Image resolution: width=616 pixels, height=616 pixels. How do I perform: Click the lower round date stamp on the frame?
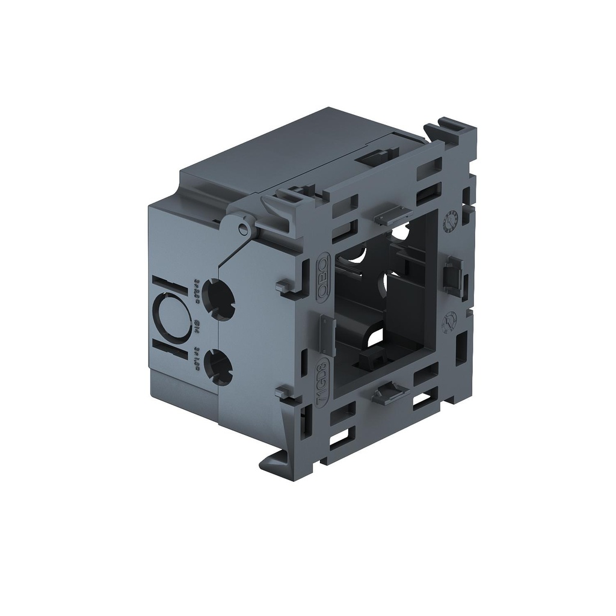coord(448,322)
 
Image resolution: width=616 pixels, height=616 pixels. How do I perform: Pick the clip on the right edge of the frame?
coord(452,274)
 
